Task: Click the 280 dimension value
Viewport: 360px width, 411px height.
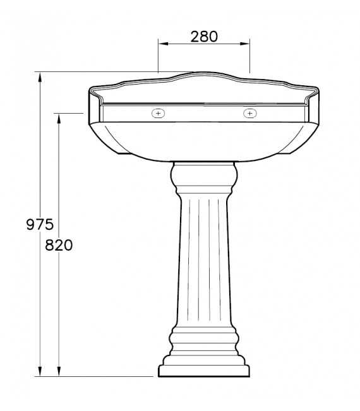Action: point(204,36)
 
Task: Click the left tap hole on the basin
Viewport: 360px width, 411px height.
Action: point(158,114)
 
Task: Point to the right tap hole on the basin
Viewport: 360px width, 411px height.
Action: point(250,114)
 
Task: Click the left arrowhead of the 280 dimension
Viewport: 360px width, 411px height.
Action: point(160,44)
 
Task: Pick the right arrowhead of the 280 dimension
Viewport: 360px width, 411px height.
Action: point(248,44)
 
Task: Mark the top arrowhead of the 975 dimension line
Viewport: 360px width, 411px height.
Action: point(41,75)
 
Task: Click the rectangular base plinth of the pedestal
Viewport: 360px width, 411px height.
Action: point(203,371)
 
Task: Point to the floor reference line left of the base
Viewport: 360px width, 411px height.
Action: point(95,377)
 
